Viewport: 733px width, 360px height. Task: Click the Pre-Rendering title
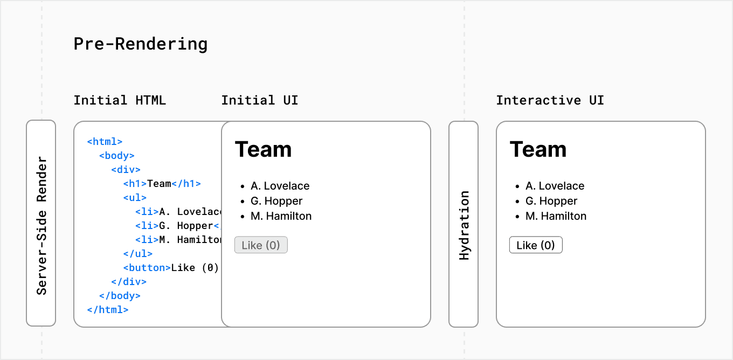pyautogui.click(x=140, y=44)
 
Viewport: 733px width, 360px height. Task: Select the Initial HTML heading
pyautogui.click(x=120, y=100)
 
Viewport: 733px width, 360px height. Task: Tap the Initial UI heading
pyautogui.click(x=259, y=100)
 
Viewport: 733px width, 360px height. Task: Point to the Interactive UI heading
pyautogui.click(x=550, y=100)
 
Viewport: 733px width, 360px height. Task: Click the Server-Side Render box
pyautogui.click(x=41, y=223)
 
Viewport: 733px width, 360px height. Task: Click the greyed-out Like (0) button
pyautogui.click(x=261, y=245)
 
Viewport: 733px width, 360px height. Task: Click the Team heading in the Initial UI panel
pyautogui.click(x=263, y=149)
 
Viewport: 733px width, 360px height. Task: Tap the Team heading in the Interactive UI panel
pyautogui.click(x=538, y=149)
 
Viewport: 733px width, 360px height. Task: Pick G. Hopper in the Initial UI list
pyautogui.click(x=276, y=201)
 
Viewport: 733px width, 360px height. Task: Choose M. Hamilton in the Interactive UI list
pyautogui.click(x=556, y=216)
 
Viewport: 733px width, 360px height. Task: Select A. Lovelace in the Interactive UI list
pyautogui.click(x=555, y=186)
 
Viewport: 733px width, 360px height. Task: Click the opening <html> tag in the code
pyautogui.click(x=105, y=142)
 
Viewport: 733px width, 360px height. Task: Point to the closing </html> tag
pyautogui.click(x=108, y=310)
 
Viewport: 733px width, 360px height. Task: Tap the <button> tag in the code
pyautogui.click(x=147, y=268)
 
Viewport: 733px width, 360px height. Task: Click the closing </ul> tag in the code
pyautogui.click(x=137, y=254)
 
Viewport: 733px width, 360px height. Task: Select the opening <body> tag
pyautogui.click(x=116, y=156)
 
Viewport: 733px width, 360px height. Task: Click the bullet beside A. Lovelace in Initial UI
pyautogui.click(x=241, y=186)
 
